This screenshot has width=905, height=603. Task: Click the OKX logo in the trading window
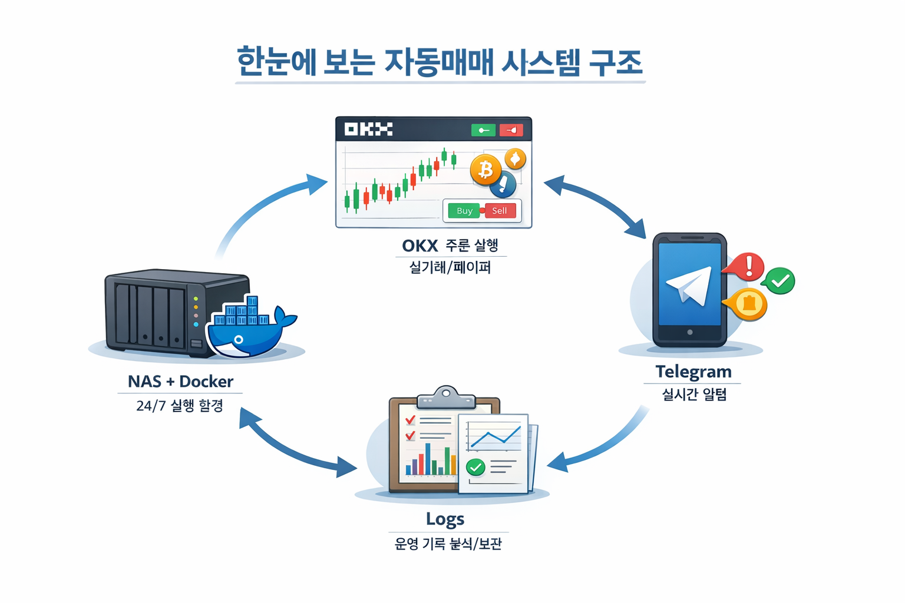coord(368,129)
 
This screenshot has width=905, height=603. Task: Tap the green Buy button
coord(464,211)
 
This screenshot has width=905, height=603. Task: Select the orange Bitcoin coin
coord(485,170)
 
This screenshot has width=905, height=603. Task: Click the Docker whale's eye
coord(239,340)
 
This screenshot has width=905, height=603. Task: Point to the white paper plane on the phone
coord(690,285)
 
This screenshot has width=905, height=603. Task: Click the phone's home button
coord(689,333)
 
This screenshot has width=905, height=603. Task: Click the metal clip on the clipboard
coord(446,397)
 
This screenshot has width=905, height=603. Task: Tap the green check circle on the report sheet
coord(475,468)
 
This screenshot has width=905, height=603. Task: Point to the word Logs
coord(445,519)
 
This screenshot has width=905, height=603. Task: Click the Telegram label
coord(693,372)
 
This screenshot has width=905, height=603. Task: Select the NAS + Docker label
coord(180,382)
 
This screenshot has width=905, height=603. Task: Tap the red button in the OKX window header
coord(511,130)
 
